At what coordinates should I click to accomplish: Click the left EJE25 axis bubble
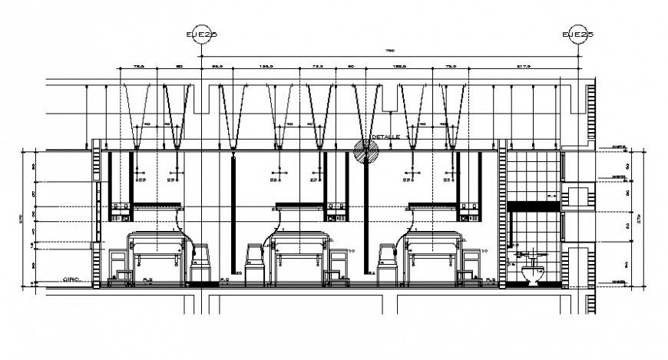(201, 35)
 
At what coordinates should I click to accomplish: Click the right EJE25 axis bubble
(577, 35)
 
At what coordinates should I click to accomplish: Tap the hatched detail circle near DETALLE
(366, 150)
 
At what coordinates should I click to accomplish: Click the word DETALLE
(386, 137)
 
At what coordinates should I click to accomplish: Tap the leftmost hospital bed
(157, 253)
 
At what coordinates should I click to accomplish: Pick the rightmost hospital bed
(431, 253)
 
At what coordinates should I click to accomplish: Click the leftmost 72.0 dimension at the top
(138, 68)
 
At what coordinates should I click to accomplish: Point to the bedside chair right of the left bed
(201, 263)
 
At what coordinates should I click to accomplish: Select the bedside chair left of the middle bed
(254, 263)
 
